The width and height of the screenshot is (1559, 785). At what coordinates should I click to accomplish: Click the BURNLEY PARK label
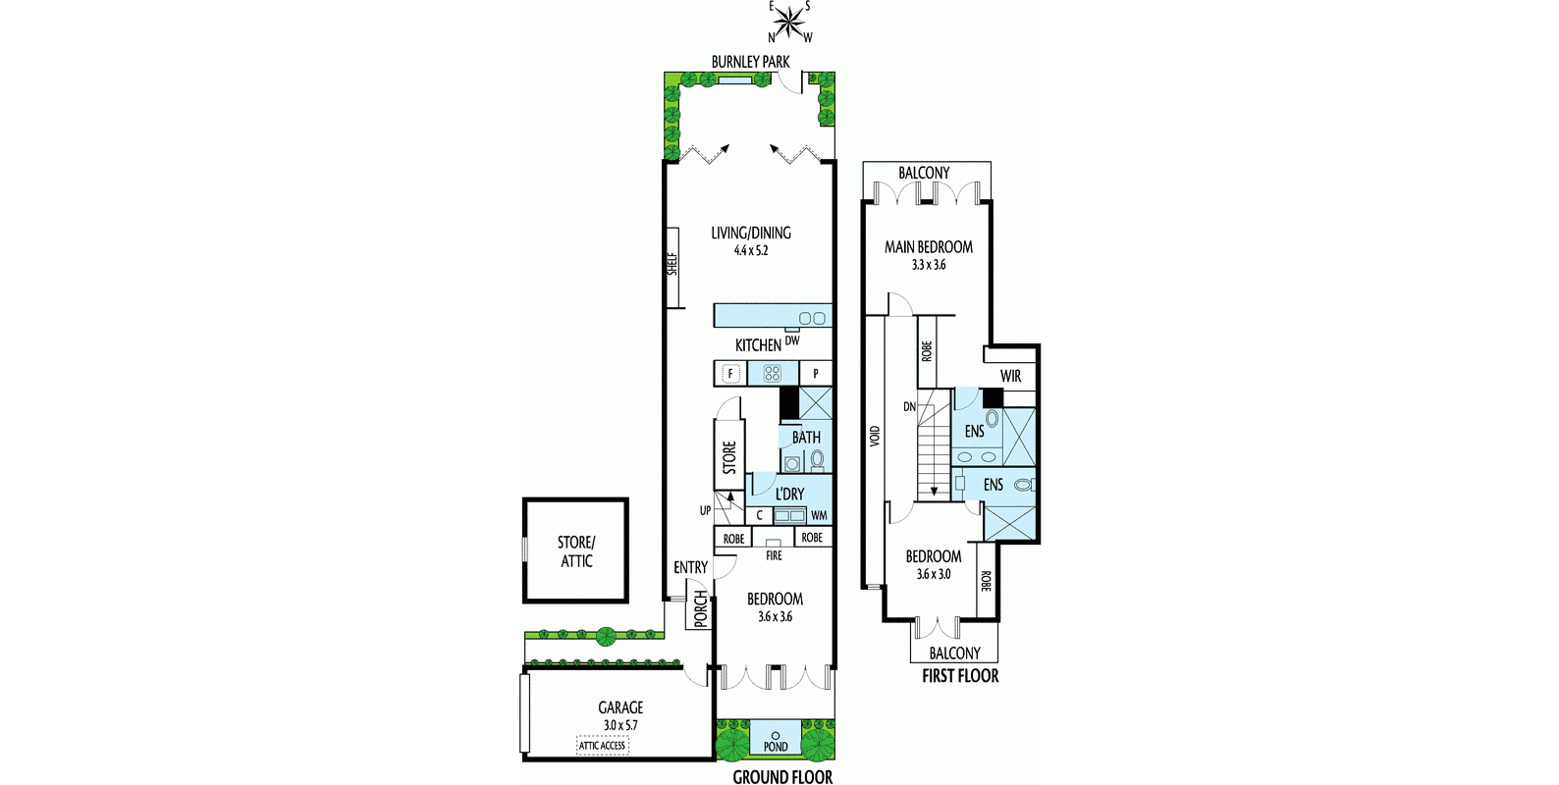750,62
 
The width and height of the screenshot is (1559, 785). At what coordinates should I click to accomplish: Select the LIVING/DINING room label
751,233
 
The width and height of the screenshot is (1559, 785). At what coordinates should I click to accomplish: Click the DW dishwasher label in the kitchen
792,340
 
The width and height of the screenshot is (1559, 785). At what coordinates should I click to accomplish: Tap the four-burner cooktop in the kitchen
772,373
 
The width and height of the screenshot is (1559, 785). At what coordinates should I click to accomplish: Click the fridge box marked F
729,373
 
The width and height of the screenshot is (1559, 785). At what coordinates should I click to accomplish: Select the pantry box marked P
816,373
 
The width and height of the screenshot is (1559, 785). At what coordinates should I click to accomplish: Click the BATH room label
806,437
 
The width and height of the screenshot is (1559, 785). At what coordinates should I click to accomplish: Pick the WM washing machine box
819,515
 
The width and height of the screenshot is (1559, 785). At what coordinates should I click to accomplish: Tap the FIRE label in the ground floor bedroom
774,555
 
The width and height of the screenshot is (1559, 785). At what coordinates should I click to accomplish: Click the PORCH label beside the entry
700,608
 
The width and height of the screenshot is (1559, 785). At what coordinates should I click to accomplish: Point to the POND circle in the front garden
776,735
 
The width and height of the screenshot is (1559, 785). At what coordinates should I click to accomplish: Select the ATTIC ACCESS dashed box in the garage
602,746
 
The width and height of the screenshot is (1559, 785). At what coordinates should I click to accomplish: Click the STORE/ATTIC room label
576,551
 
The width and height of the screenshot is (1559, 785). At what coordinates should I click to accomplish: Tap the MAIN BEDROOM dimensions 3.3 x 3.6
928,265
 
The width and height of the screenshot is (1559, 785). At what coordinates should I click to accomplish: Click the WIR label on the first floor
1010,376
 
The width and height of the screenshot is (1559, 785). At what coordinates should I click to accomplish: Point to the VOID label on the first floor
875,436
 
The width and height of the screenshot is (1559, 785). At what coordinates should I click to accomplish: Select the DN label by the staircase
909,406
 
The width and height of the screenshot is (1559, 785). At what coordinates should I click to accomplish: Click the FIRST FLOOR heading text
959,676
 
